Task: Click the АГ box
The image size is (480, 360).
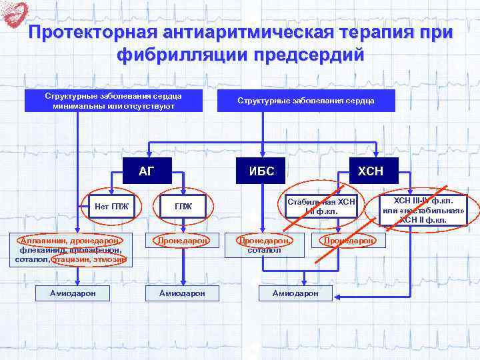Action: (x=146, y=171)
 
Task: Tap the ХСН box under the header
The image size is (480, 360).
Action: (x=370, y=171)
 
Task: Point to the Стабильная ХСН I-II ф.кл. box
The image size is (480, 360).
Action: (x=321, y=206)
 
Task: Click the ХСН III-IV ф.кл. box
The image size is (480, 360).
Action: (x=423, y=209)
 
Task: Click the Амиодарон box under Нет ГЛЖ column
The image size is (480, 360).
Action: (x=73, y=293)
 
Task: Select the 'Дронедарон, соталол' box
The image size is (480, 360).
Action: (x=265, y=245)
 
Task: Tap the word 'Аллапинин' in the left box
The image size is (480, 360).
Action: (x=40, y=240)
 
